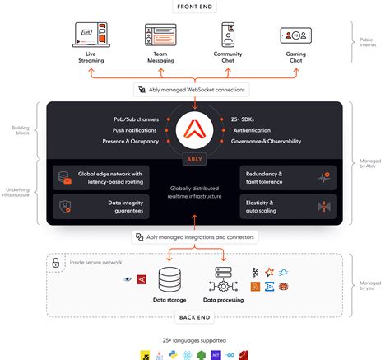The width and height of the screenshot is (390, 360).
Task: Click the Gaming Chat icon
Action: click(296, 35)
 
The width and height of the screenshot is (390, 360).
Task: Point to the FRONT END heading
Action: click(194, 7)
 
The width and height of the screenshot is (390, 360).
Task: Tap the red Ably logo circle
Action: click(195, 129)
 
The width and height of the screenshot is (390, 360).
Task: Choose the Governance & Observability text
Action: click(267, 141)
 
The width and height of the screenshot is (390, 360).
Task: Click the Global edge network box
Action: click(99, 177)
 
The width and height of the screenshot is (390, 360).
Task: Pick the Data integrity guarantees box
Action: click(99, 206)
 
